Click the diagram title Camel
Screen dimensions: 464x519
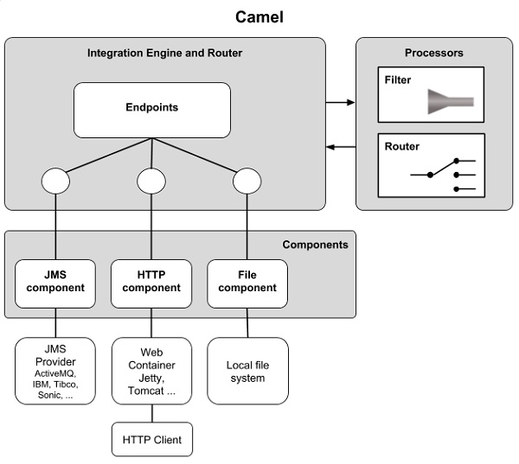coord(259,16)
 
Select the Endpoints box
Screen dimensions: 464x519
coord(152,109)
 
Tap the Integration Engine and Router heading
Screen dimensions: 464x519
coord(164,54)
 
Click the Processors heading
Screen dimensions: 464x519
coord(433,54)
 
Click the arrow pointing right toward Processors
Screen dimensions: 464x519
coord(341,102)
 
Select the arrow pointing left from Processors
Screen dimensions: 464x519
coord(341,147)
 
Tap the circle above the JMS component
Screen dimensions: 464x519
coord(56,181)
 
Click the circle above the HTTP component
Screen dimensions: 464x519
coord(151,181)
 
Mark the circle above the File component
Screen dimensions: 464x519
coord(247,181)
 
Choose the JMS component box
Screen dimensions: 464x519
coord(55,282)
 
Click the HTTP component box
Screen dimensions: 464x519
coord(151,282)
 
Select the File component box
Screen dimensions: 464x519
coord(247,282)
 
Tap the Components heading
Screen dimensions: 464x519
coord(315,245)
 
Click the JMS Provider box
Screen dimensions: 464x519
coord(55,372)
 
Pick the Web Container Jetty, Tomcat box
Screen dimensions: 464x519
coord(151,372)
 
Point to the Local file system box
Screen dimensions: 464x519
coord(247,372)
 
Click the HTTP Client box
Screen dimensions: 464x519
coord(151,440)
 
